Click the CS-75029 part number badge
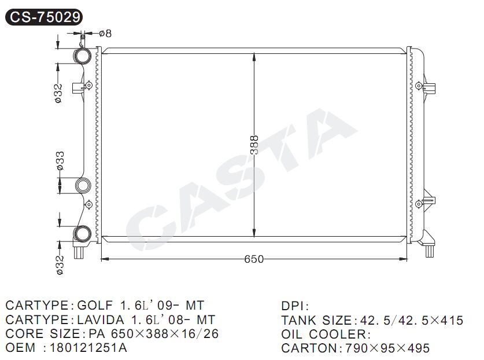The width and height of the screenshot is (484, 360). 44,17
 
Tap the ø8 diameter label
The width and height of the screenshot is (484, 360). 105,33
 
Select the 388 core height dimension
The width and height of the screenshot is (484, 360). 254,145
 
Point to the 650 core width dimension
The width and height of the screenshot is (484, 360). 254,259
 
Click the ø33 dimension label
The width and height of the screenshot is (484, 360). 60,161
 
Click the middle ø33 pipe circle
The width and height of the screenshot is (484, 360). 83,186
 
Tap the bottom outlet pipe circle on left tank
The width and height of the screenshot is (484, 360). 83,234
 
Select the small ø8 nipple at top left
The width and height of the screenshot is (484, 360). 83,39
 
